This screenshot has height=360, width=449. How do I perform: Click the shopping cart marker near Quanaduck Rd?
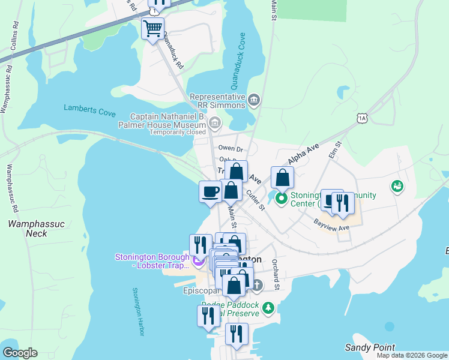(153, 28)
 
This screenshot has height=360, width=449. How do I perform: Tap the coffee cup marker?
(210, 191)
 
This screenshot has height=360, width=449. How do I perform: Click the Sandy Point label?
(370, 347)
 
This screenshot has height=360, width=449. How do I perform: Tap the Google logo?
(20, 353)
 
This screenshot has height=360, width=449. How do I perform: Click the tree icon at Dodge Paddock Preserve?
(269, 309)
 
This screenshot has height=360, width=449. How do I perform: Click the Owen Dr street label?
(230, 148)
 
